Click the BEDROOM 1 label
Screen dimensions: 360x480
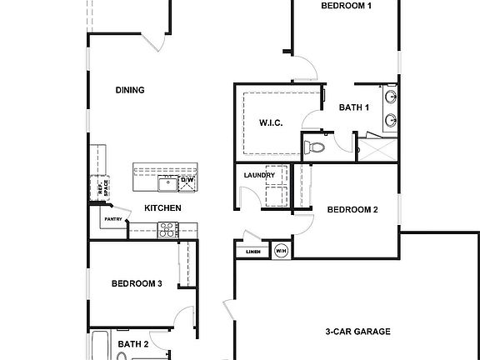pyautogui.click(x=346, y=6)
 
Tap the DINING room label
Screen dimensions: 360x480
pyautogui.click(x=130, y=91)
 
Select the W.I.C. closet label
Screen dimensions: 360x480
pyautogui.click(x=271, y=123)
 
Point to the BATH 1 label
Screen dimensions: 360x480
pyautogui.click(x=354, y=107)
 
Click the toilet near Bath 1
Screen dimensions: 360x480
pyautogui.click(x=314, y=147)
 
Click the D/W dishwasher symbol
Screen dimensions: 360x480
pyautogui.click(x=187, y=180)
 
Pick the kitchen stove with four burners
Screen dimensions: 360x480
pyautogui.click(x=167, y=230)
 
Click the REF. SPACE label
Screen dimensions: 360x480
pyautogui.click(x=103, y=189)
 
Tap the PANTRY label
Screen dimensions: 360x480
pyautogui.click(x=112, y=221)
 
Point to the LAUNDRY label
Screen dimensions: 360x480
pyautogui.click(x=259, y=176)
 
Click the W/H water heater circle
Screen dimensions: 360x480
pyautogui.click(x=281, y=251)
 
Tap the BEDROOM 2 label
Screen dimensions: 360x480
pyautogui.click(x=352, y=210)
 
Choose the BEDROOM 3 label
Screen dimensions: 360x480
pyautogui.click(x=137, y=284)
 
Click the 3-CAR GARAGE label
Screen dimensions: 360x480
pyautogui.click(x=357, y=332)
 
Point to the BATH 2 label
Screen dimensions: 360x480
pyautogui.click(x=132, y=343)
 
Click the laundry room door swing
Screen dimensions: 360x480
pyautogui.click(x=247, y=197)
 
